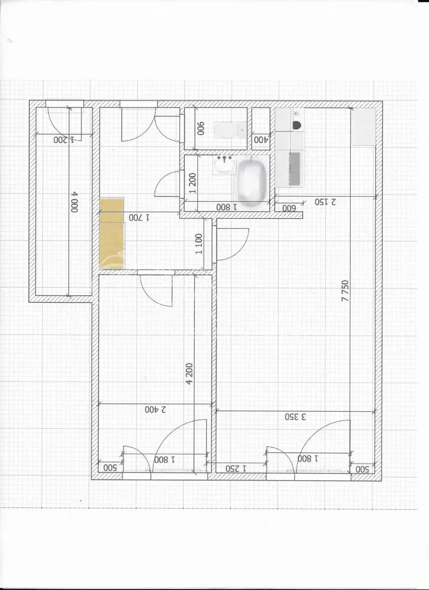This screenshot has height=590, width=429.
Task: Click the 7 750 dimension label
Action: tap(345, 291)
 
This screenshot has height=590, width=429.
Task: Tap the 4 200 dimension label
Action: tap(189, 374)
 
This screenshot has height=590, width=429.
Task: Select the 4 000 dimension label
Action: tap(75, 202)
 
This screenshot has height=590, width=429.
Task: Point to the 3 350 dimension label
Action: tap(295, 417)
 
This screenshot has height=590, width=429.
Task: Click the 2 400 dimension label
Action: tap(155, 410)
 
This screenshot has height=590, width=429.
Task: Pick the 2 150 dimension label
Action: tap(325, 202)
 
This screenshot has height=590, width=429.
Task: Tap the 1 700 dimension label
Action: tap(139, 217)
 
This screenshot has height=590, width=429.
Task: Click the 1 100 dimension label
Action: tap(199, 244)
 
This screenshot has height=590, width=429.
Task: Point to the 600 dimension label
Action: tap(289, 208)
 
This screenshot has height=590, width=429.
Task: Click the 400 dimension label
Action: tap(261, 140)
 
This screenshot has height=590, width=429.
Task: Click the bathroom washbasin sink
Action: tap(224, 164)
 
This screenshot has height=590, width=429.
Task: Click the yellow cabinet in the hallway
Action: tap(112, 234)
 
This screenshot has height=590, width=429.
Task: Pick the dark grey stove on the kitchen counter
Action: tap(295, 169)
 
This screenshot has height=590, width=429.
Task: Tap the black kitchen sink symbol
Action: tap(297, 125)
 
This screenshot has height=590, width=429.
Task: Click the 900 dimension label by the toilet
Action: tap(201, 128)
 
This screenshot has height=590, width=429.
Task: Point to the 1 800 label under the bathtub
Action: tap(227, 207)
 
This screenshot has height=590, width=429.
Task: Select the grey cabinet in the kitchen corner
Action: tap(364, 126)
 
